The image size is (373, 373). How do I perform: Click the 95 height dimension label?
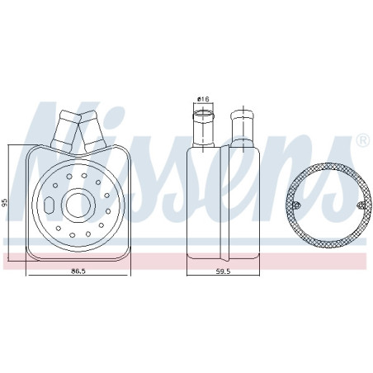(x=4, y=202)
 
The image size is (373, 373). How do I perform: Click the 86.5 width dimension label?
(x=78, y=271)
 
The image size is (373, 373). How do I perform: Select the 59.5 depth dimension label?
(x=223, y=271)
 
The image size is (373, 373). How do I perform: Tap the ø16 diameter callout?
(x=203, y=99)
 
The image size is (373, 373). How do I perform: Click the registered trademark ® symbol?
(x=363, y=140)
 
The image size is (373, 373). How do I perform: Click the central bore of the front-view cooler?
(x=78, y=205)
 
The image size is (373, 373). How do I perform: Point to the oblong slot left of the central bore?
(x=49, y=205)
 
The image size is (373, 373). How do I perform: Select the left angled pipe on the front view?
(x=65, y=130)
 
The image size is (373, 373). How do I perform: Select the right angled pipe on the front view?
(x=92, y=131)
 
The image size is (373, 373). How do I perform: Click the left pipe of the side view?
(x=203, y=128)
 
